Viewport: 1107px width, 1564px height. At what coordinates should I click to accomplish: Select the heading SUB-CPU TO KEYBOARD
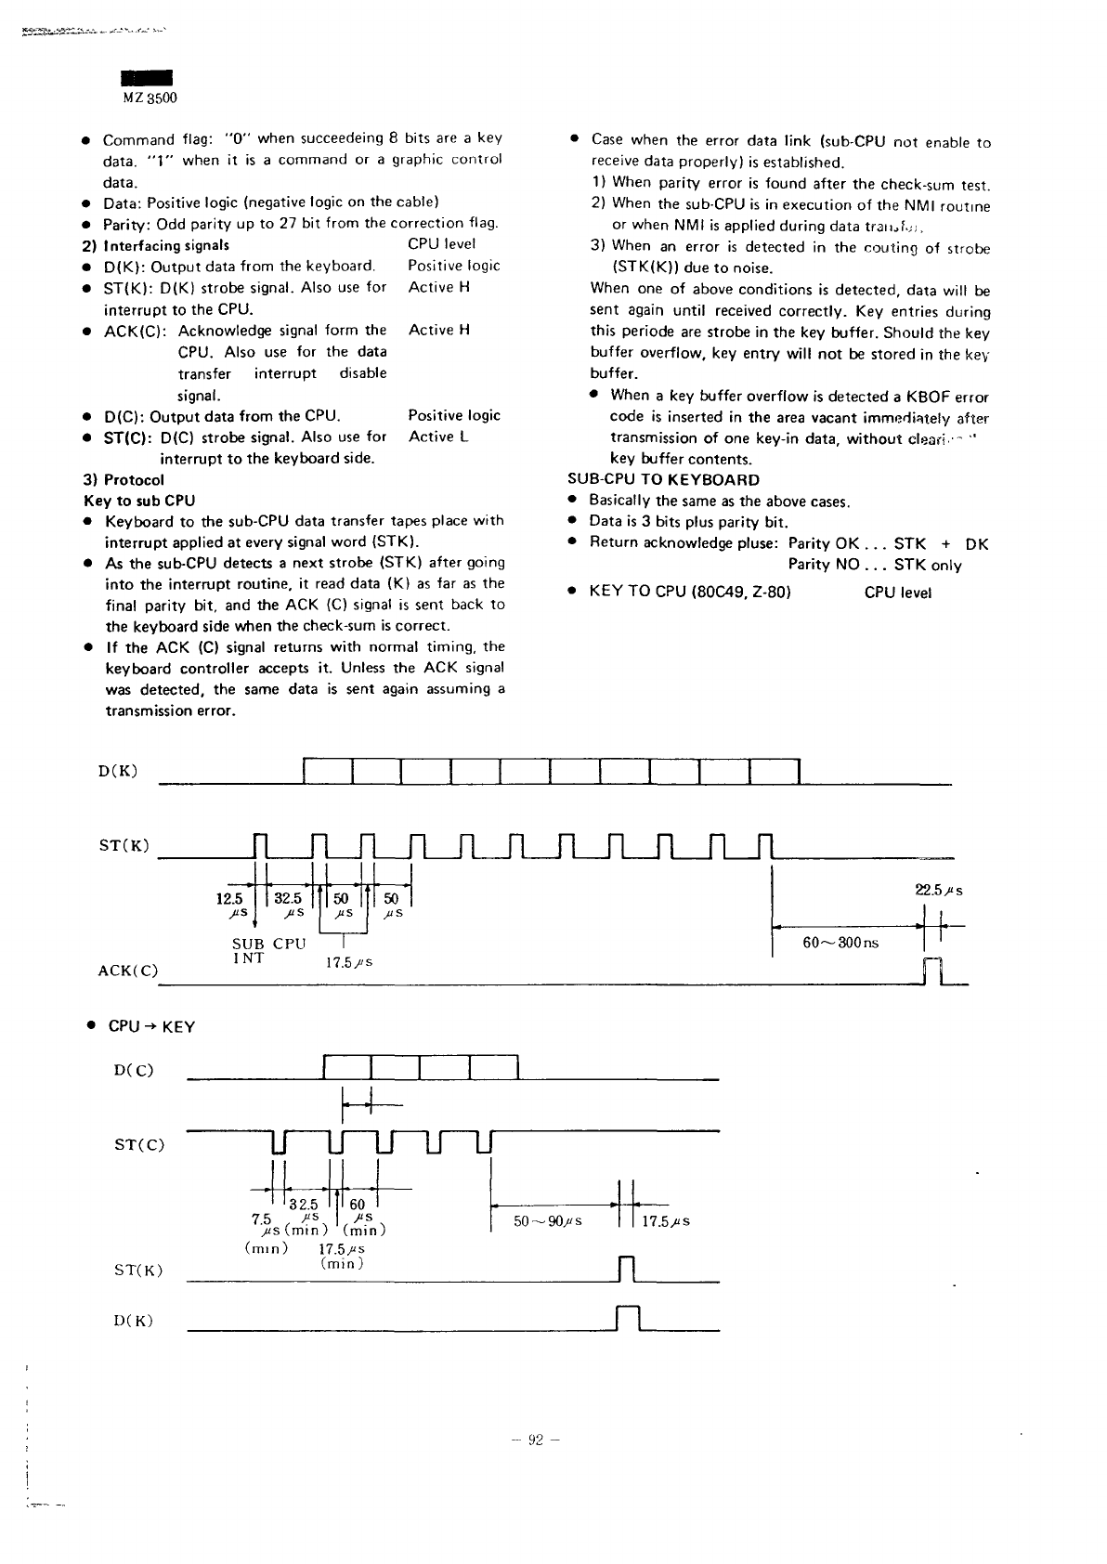pyautogui.click(x=663, y=480)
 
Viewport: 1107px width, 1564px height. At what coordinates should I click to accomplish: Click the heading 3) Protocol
pyautogui.click(x=124, y=480)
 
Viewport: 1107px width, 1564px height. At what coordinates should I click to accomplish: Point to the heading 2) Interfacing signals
pyautogui.click(x=156, y=245)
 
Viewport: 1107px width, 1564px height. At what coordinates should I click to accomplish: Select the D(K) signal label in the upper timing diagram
pyautogui.click(x=118, y=770)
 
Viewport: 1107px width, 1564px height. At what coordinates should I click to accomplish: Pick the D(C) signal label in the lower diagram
pyautogui.click(x=134, y=1070)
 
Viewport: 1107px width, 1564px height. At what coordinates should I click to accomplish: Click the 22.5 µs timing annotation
pyautogui.click(x=939, y=890)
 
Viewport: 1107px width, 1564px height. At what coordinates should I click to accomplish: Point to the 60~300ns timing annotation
pyautogui.click(x=840, y=943)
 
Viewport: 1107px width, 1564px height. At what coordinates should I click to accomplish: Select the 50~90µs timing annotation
pyautogui.click(x=548, y=1221)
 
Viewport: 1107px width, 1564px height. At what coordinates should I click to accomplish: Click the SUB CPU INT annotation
pyautogui.click(x=268, y=950)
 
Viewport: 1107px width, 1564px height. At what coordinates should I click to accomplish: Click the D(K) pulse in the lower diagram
pyautogui.click(x=628, y=1319)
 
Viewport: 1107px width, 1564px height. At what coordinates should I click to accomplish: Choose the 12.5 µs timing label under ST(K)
pyautogui.click(x=228, y=906)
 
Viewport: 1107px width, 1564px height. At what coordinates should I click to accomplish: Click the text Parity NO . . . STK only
pyautogui.click(x=875, y=566)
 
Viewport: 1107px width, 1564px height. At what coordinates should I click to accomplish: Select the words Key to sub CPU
pyautogui.click(x=139, y=501)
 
